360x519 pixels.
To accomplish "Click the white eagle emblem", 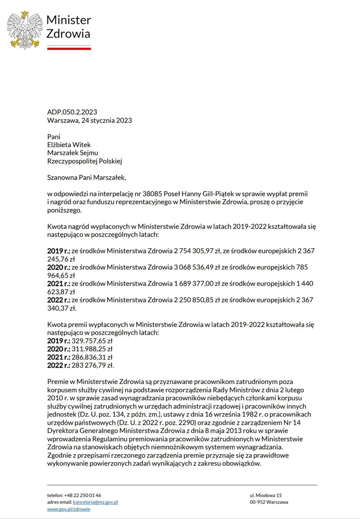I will [x=25, y=30].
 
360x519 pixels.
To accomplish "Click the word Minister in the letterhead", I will [x=68, y=20].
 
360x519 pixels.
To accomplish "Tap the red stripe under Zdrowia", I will [x=69, y=48].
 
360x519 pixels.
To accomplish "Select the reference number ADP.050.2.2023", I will [x=72, y=112].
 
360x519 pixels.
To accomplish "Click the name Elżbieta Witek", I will [x=69, y=145].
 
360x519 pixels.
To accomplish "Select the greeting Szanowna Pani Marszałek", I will [x=86, y=177].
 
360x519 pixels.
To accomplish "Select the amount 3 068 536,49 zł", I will [x=197, y=267].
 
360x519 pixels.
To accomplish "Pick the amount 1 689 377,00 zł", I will [x=197, y=283].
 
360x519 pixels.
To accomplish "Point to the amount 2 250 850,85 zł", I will [x=197, y=300].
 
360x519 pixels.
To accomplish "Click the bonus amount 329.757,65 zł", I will [x=92, y=341].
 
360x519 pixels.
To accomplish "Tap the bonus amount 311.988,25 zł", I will [x=92, y=349].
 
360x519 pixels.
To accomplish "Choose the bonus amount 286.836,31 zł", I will [x=92, y=357].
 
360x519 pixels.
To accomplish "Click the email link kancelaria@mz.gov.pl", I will [x=95, y=502].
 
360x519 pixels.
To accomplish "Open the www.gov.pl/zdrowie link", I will [x=68, y=509].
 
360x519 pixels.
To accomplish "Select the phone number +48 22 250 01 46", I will [x=83, y=495].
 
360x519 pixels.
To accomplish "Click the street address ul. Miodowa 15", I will [x=266, y=495].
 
